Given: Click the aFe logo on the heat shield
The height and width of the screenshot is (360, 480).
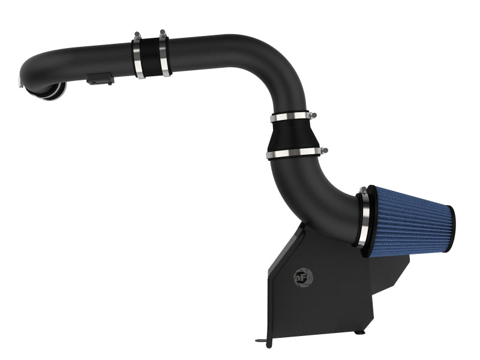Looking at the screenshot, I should [x=301, y=276].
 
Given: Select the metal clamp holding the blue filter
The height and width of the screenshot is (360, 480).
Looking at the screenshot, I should [x=362, y=218].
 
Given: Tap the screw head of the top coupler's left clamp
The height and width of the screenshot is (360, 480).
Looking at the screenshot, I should [x=137, y=35].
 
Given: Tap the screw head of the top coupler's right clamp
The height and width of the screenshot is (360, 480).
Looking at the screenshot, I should [x=162, y=33].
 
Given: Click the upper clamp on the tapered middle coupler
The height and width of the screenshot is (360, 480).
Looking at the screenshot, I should [x=292, y=117].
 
